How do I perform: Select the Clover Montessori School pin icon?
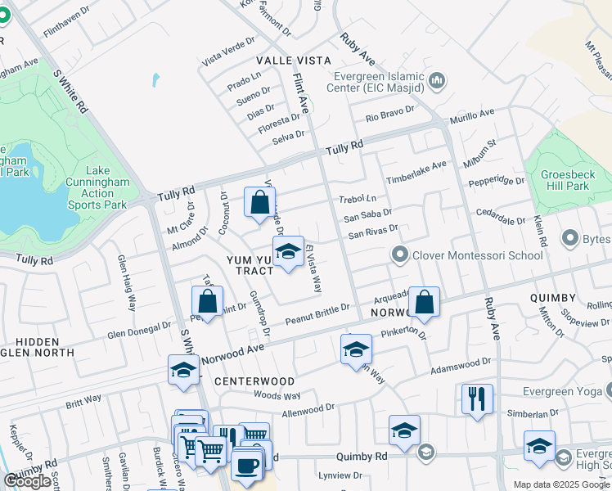coord(399,255)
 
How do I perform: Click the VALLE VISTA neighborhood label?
coord(294,61)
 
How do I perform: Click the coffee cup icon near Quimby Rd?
coord(248,466)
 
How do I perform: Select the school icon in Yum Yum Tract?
coord(287,253)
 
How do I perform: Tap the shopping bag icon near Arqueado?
coord(425,302)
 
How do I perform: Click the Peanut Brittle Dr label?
coord(317,314)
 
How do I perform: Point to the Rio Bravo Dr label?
coord(390,114)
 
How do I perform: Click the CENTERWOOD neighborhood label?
coord(254,381)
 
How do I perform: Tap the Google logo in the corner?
coord(28,481)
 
